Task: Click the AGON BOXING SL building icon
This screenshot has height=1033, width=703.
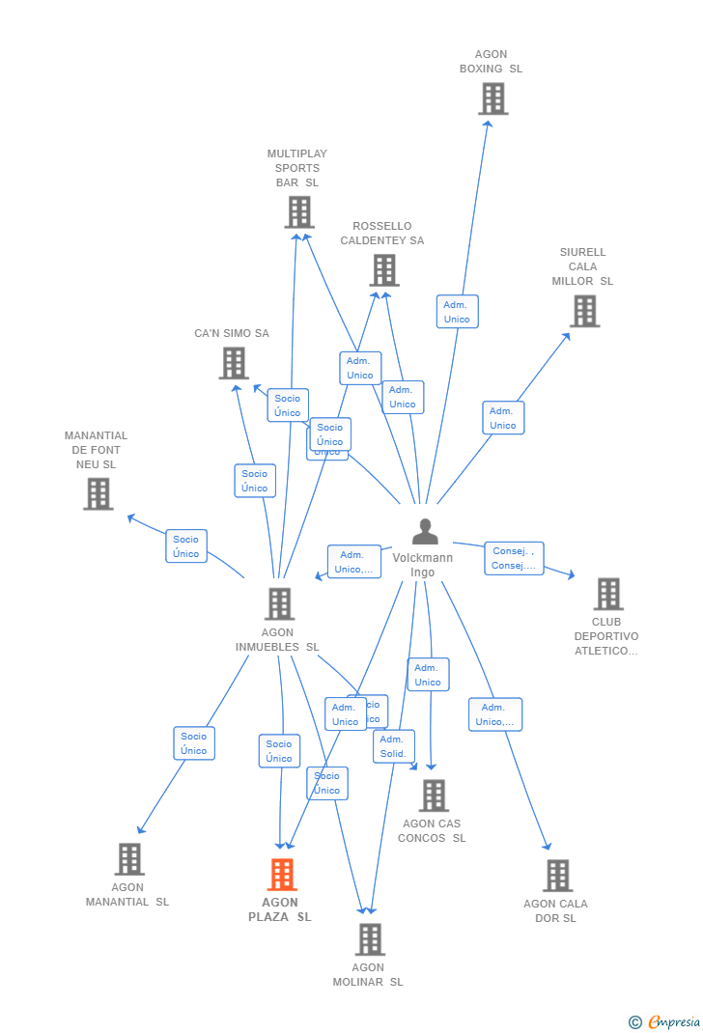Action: (x=492, y=98)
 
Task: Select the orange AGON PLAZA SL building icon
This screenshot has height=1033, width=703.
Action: (x=282, y=875)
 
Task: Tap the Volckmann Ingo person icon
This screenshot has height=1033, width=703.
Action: (x=425, y=532)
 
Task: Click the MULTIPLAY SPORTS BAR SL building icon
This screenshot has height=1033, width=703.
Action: (x=299, y=212)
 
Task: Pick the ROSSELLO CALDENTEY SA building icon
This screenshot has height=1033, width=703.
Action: (x=384, y=270)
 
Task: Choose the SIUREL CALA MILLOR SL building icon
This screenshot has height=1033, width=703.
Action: (x=584, y=311)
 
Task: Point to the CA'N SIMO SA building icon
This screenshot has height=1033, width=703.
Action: (x=234, y=364)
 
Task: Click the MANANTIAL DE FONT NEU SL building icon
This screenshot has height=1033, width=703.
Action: (x=98, y=493)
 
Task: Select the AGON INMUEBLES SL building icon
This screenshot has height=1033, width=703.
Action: (x=279, y=604)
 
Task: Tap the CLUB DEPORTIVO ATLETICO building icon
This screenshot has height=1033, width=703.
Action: (x=608, y=595)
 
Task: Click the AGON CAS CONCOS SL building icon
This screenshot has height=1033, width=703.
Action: (x=434, y=796)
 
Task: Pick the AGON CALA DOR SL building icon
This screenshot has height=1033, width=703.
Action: (x=557, y=876)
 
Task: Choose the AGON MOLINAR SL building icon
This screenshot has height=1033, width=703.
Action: (x=370, y=939)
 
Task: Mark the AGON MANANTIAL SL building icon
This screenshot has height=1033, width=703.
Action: (x=129, y=859)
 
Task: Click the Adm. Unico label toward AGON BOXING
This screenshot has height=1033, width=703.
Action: (x=457, y=312)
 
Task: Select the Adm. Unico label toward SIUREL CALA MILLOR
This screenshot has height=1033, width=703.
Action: (x=503, y=418)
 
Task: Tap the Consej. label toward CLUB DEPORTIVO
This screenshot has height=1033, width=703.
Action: (x=514, y=558)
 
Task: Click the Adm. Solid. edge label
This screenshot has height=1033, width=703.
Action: (x=393, y=746)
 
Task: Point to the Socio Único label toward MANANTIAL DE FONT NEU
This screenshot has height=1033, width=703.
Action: (x=186, y=546)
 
